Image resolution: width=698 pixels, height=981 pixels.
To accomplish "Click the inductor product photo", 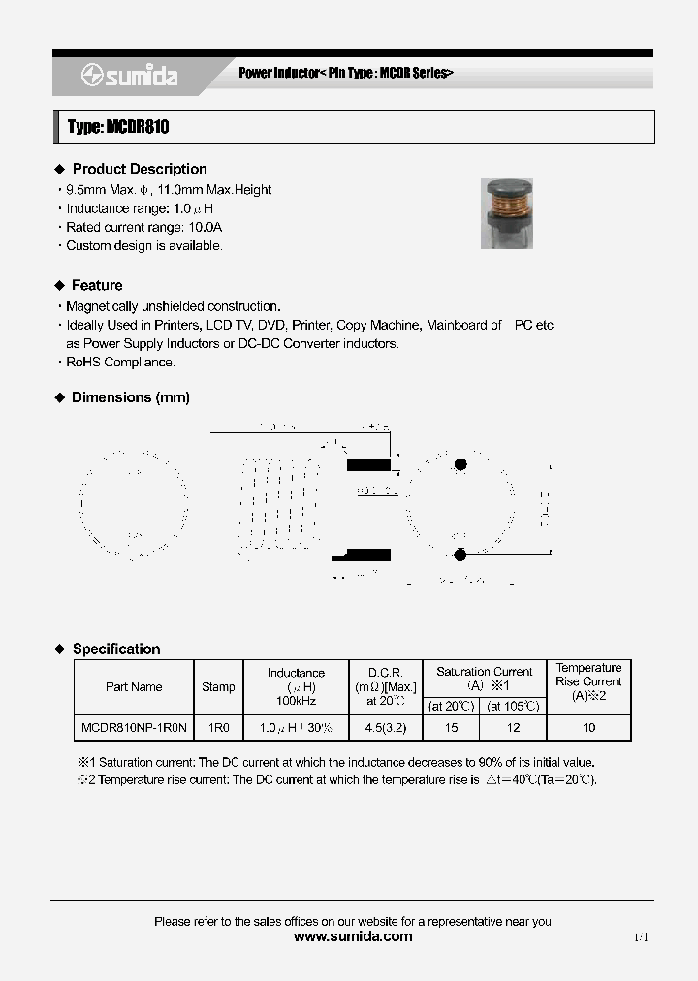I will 507,212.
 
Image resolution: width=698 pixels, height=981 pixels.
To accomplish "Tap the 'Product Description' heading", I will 140,169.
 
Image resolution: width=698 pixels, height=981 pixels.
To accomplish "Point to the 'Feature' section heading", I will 97,285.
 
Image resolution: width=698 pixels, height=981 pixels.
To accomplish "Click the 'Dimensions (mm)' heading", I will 131,397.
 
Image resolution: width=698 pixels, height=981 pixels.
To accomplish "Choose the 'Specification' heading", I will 116,649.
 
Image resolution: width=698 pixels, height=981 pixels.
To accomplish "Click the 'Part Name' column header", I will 134,687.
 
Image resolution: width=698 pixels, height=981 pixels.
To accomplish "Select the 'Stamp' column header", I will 218,687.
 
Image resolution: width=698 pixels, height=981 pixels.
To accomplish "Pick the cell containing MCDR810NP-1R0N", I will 134,727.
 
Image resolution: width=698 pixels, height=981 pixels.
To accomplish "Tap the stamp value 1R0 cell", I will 218,727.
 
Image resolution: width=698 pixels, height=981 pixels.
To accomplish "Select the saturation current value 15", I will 452,727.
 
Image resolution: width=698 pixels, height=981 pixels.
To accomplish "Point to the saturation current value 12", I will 514,727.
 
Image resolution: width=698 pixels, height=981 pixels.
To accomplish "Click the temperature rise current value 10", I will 588,727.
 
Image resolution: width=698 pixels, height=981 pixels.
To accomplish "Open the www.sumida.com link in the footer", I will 352,936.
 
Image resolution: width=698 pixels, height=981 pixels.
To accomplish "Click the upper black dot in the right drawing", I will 460,465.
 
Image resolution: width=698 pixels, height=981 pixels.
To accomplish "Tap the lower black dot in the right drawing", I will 460,554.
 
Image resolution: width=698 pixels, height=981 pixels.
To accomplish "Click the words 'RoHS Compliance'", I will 120,363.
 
